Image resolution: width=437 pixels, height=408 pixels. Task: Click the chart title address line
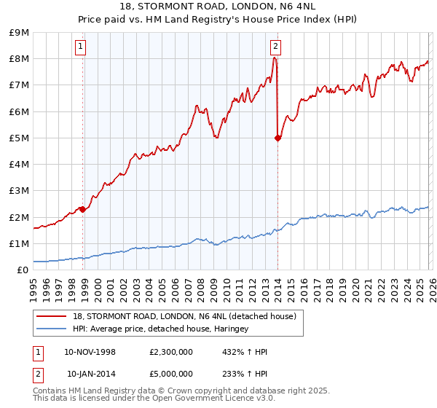click(x=219, y=7)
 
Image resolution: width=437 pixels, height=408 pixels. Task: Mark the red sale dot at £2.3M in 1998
click(x=83, y=209)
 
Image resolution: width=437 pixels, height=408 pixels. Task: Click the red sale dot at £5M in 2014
click(x=278, y=138)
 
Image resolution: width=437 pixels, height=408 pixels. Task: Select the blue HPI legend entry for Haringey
click(x=160, y=329)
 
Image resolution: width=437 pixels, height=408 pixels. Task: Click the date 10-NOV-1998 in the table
click(x=90, y=352)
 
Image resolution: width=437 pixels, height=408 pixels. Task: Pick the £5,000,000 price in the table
click(x=171, y=374)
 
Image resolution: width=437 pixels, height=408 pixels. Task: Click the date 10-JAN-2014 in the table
click(x=90, y=374)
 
